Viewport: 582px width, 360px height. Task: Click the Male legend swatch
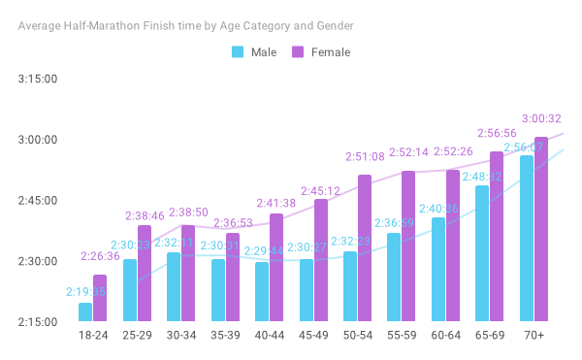point(237,51)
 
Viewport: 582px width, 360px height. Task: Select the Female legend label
point(331,51)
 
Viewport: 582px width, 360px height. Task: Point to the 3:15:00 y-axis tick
point(39,79)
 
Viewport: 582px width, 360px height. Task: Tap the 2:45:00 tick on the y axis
point(39,201)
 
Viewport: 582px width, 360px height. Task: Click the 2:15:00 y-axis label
point(39,322)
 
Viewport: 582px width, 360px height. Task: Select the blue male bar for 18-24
point(85,311)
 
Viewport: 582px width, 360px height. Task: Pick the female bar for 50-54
point(365,247)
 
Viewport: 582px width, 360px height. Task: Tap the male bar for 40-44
point(262,291)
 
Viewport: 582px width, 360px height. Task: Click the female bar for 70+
point(541,229)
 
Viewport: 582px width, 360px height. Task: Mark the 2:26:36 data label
point(100,257)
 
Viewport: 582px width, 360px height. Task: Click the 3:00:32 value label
point(542,119)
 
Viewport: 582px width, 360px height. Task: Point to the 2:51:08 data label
point(366,156)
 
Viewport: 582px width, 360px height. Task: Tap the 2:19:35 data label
point(85,291)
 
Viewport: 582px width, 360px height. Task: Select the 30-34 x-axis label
point(181,335)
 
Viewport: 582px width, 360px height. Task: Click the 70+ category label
point(533,335)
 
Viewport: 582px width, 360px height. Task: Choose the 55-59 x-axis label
point(402,335)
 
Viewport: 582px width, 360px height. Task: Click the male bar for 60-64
point(438,269)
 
